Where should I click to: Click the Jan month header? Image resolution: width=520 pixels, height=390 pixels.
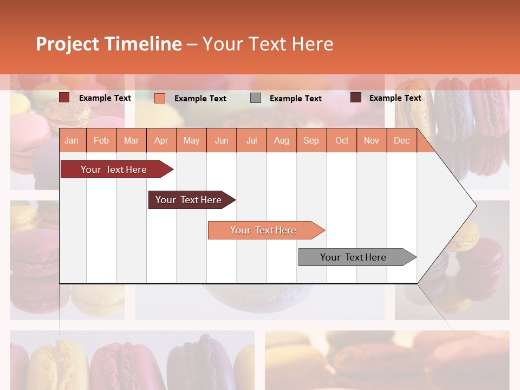71,140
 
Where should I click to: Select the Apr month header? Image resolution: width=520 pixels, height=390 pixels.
161,140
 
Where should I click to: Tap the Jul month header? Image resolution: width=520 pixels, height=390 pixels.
251,140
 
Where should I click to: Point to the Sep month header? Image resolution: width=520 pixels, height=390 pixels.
311,140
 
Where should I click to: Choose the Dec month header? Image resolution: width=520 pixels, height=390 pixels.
401,140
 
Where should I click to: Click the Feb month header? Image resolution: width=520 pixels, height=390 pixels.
101,140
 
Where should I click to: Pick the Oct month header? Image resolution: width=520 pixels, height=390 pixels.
342,140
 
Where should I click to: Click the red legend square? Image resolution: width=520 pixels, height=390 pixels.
64,97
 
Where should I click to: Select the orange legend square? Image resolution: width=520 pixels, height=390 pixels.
160,98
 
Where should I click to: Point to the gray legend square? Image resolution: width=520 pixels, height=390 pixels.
256,98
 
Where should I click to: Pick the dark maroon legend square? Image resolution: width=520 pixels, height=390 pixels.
356,97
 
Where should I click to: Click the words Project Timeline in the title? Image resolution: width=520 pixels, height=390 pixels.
109,44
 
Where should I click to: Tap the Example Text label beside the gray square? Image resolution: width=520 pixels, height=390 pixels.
295,99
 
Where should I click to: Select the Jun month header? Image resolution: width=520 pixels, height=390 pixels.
222,140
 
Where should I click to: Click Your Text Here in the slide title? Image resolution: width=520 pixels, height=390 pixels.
268,44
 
